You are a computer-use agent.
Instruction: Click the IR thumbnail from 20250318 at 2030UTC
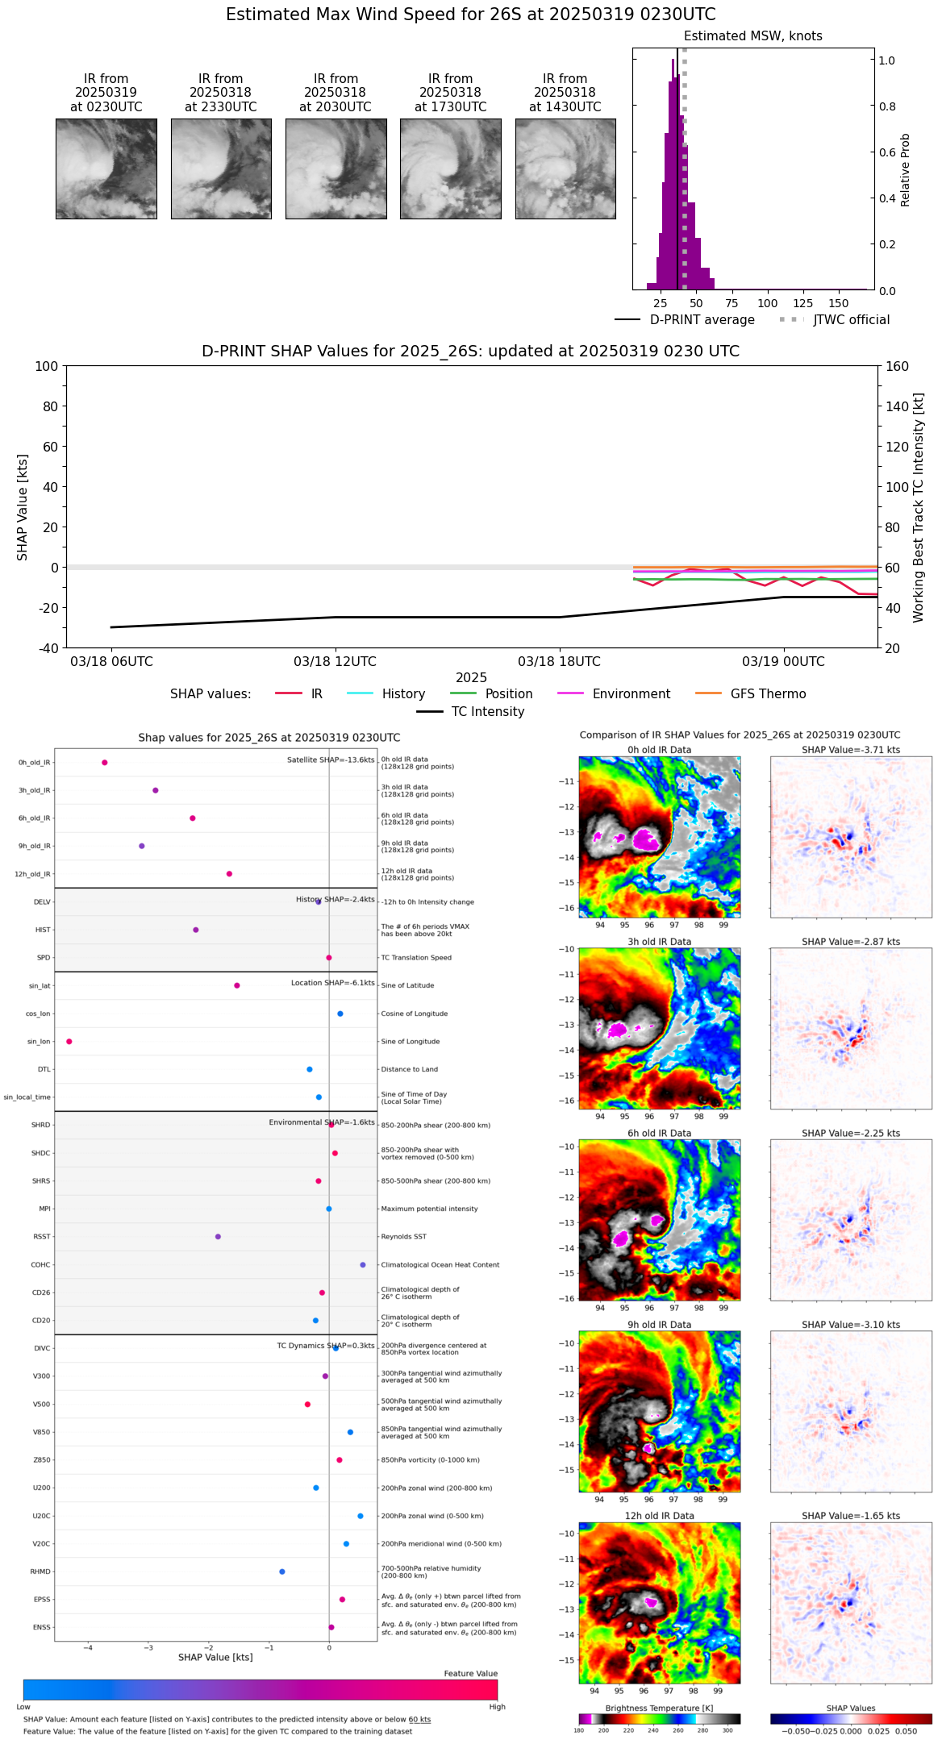pos(336,169)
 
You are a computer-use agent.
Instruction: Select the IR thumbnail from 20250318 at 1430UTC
pos(565,169)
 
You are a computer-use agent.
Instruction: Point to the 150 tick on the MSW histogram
pos(839,303)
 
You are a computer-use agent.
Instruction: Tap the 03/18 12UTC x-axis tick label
pos(335,662)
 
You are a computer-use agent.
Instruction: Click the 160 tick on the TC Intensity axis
pos(897,366)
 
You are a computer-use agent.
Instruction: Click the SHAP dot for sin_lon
pos(69,1042)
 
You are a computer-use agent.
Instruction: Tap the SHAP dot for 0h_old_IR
pos(105,763)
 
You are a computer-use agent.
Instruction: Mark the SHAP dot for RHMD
pos(281,1571)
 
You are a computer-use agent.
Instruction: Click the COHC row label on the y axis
pos(40,1265)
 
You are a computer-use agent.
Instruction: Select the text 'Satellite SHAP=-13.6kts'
pos(331,760)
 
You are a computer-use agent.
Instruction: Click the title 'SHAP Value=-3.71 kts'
pos(851,750)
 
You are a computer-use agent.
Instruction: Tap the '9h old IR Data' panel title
pos(659,1325)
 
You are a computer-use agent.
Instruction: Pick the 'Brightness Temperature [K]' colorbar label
pos(659,1709)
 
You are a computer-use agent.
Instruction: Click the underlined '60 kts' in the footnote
pos(419,1720)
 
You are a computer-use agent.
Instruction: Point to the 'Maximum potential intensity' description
pos(429,1209)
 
